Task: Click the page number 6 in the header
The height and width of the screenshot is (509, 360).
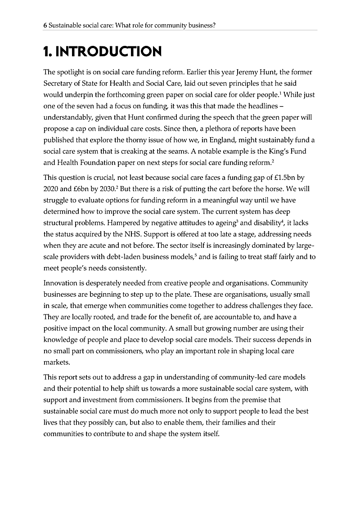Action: pyautogui.click(x=45, y=26)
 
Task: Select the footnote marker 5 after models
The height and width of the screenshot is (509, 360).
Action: pyautogui.click(x=196, y=255)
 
